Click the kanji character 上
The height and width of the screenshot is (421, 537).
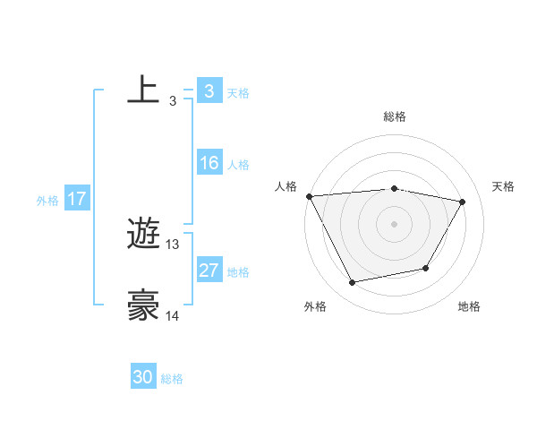point(144,90)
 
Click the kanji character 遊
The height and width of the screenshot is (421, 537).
point(144,235)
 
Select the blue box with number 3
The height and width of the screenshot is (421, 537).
point(209,91)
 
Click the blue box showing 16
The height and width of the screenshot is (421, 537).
point(209,164)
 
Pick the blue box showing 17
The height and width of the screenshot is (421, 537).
point(77,200)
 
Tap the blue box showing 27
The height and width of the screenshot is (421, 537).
point(209,271)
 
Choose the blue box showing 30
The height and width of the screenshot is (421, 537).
point(143,378)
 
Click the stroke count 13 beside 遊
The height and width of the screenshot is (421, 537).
point(173,244)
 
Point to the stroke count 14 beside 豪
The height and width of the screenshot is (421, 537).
point(173,315)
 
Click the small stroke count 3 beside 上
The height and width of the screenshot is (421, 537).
point(172,100)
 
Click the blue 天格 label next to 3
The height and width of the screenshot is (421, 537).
point(238,92)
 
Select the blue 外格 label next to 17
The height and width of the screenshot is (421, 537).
point(47,201)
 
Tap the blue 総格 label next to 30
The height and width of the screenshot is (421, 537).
point(172,379)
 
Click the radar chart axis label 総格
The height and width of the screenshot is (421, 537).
point(395,116)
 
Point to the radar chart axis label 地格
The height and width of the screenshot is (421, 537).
point(469,307)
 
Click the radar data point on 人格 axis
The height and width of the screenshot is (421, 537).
point(309,196)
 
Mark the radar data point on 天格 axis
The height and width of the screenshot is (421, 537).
point(462,202)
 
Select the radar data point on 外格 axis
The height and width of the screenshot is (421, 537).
point(353,283)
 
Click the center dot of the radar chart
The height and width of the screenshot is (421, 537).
point(395,224)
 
